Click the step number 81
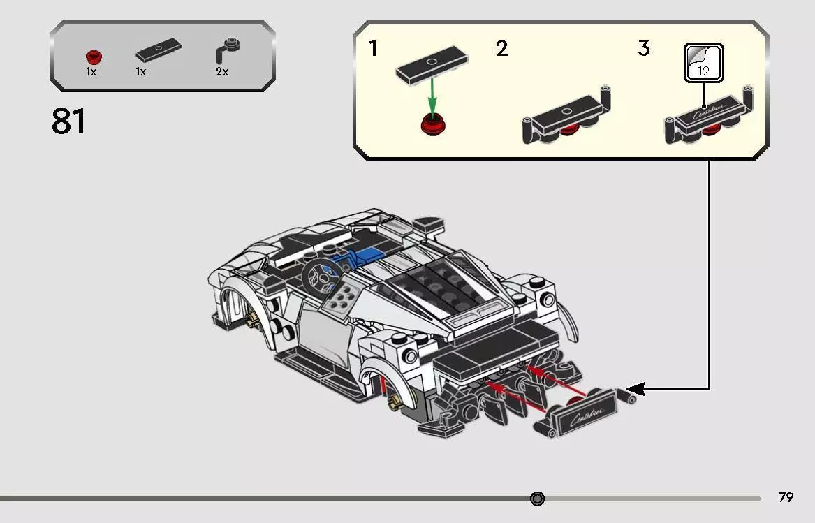click(x=68, y=122)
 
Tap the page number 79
click(x=786, y=498)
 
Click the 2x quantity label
click(x=222, y=72)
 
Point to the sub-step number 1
click(x=374, y=49)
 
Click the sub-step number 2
click(x=501, y=49)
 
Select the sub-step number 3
click(x=643, y=49)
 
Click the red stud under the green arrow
click(x=433, y=126)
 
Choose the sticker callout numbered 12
click(x=703, y=63)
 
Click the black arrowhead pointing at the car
click(x=636, y=389)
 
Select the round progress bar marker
click(x=537, y=499)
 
